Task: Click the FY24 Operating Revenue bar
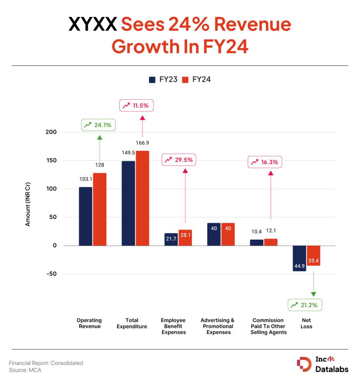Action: (99, 209)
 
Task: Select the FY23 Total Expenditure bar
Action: (128, 203)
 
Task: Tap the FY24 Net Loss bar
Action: (313, 255)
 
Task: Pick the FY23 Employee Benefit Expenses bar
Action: (171, 239)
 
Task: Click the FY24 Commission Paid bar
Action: (271, 242)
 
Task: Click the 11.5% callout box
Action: (137, 105)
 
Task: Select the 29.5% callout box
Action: (179, 160)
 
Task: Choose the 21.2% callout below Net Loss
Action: (305, 305)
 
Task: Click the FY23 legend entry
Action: (163, 79)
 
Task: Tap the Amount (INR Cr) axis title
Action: (28, 204)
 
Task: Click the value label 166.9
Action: (143, 143)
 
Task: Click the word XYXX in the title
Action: (92, 25)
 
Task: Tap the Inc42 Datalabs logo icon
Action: (304, 364)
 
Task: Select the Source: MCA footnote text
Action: (25, 370)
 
